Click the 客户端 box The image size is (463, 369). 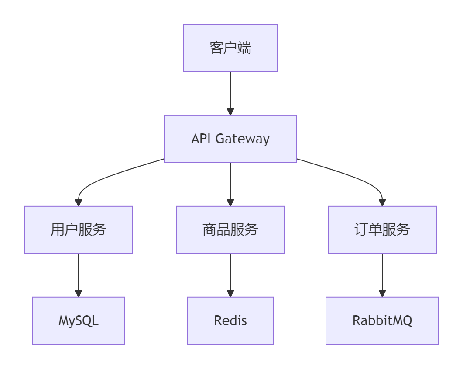tap(230, 48)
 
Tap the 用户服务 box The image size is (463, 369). tap(79, 230)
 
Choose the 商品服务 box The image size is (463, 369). tap(230, 230)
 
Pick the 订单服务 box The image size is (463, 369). tap(382, 230)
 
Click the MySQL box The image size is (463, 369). tap(79, 321)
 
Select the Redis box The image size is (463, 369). tap(230, 321)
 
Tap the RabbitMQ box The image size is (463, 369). tap(382, 321)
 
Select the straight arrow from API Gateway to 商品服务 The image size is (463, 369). tap(230, 181)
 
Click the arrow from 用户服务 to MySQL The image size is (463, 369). tap(79, 273)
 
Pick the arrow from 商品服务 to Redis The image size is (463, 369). tap(230, 273)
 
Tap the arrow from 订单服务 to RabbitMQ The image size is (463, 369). tap(382, 273)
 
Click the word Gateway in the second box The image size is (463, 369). tap(243, 139)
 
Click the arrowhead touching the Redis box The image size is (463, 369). tap(230, 294)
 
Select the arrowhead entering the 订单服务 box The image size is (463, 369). tap(382, 203)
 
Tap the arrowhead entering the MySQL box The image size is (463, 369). tap(79, 294)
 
